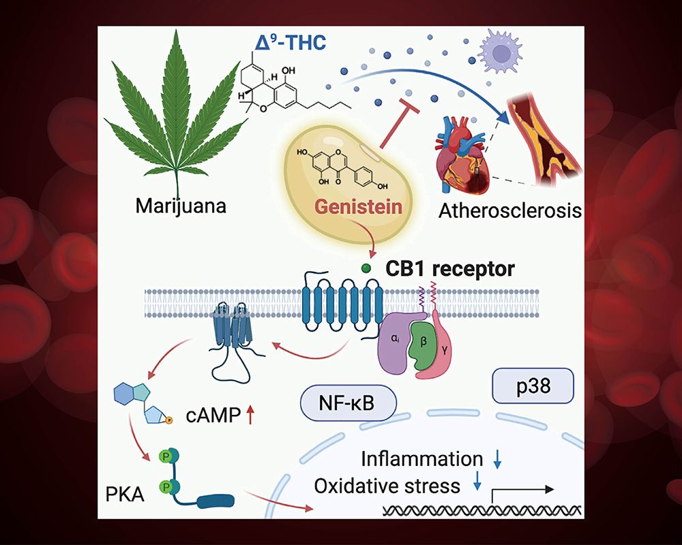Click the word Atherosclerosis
[510, 211]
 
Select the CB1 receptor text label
[450, 268]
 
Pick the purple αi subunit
[396, 343]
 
